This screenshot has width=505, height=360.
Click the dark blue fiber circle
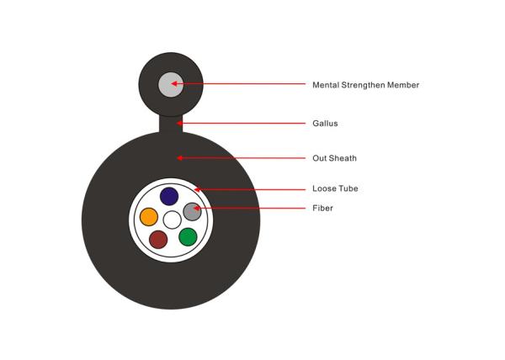169,196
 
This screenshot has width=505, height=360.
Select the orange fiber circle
149,217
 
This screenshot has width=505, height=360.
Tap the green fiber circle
188,237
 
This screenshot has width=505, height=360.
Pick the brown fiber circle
158,240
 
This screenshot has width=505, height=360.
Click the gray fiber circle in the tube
192,212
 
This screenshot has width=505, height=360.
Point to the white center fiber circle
172,220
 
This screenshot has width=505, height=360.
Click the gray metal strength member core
171,84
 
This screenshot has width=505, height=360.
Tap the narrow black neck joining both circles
171,124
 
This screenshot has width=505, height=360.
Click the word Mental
326,85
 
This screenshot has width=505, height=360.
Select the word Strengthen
364,85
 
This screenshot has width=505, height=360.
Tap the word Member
403,85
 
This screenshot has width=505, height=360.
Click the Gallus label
325,123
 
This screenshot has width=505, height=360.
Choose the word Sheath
344,158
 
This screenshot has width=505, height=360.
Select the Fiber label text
322,208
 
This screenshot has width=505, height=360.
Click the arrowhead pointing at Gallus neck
179,123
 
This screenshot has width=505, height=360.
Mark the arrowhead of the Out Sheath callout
179,158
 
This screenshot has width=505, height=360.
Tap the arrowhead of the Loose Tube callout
197,189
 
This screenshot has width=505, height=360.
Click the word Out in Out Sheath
322,158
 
